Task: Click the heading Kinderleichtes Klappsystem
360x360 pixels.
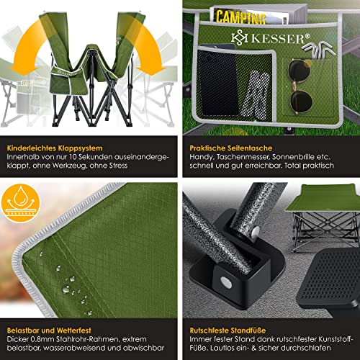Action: (x=55, y=148)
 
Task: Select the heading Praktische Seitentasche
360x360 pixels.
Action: (x=231, y=148)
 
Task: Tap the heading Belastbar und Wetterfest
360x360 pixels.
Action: (x=49, y=330)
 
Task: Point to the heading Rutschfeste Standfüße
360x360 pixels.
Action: (x=228, y=330)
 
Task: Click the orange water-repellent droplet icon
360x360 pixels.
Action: (x=20, y=204)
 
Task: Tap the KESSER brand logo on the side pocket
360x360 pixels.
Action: (x=271, y=38)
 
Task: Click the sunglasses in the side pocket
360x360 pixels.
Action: (x=300, y=86)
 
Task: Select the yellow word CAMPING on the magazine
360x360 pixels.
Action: (x=240, y=17)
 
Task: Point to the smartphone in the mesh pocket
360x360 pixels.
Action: (x=218, y=81)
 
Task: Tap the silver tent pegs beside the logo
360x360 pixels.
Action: (x=319, y=49)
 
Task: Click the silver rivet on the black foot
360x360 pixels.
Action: (x=226, y=282)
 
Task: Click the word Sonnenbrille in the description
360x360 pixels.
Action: (x=293, y=157)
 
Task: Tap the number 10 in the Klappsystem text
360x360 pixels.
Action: (x=73, y=157)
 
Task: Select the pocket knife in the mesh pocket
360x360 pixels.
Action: (x=256, y=95)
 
